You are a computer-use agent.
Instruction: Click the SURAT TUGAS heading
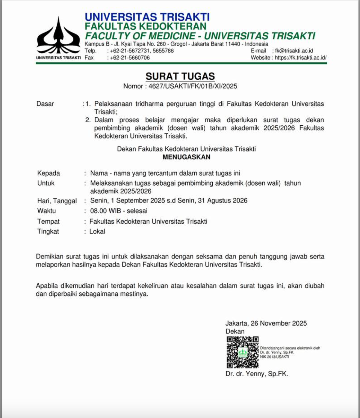coord(180,76)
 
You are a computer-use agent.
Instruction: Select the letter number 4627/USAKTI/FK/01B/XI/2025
coord(193,86)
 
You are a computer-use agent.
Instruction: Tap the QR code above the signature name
coord(242,352)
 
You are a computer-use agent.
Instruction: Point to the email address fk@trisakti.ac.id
coord(294,51)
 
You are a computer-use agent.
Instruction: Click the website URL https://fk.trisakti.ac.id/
coord(300,58)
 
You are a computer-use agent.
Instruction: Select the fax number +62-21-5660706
coord(130,58)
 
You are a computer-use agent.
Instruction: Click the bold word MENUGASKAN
coord(186,157)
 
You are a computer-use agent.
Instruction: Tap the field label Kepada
coord(49,173)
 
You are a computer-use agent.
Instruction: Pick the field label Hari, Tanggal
coord(57,201)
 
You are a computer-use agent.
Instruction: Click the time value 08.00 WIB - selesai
coord(119,211)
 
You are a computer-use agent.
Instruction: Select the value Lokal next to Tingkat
coord(97,231)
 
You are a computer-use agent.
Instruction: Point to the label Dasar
coord(45,104)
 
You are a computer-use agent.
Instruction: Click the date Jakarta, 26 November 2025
coord(266,323)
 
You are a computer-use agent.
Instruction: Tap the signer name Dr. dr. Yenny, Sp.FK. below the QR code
coord(257,374)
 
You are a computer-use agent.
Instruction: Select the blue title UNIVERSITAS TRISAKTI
coord(147,17)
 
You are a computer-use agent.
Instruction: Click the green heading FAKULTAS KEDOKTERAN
coord(146,26)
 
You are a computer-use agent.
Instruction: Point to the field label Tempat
coord(48,221)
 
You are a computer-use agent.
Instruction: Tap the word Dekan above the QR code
coord(235,331)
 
